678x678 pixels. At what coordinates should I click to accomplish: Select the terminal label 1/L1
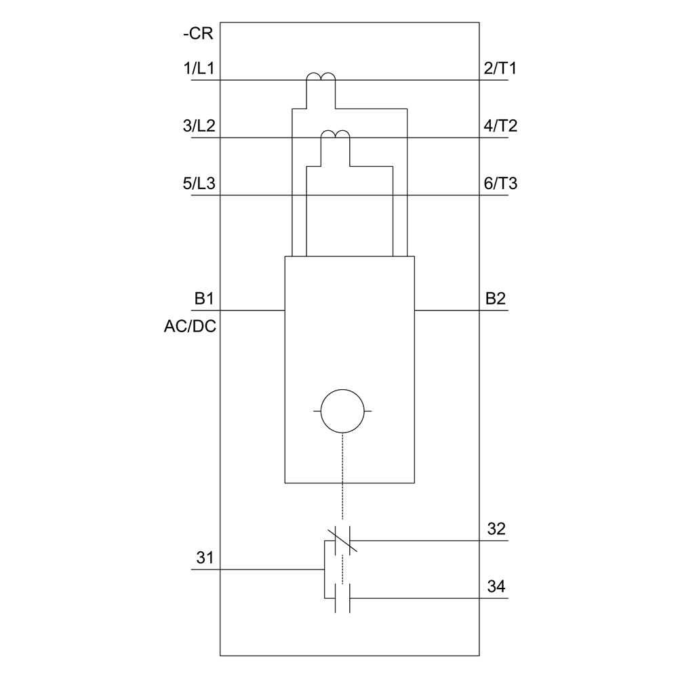(x=199, y=68)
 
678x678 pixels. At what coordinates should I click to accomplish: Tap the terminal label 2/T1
(x=501, y=68)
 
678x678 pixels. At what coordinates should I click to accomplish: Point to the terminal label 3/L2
(x=199, y=127)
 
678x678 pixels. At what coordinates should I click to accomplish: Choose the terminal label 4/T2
(x=501, y=127)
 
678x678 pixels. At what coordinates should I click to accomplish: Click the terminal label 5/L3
(x=199, y=184)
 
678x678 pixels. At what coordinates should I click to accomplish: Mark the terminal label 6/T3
(x=501, y=184)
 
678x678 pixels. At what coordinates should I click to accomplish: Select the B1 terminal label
(x=204, y=299)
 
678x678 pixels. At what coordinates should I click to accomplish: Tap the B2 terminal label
(x=496, y=299)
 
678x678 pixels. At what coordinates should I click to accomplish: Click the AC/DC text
(x=189, y=327)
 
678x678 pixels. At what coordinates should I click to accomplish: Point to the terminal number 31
(x=205, y=559)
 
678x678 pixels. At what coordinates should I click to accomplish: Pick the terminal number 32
(x=496, y=529)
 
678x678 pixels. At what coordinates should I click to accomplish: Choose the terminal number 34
(x=496, y=586)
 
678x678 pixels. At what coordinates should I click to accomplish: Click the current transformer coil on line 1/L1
(x=321, y=78)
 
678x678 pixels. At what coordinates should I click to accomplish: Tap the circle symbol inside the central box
(x=343, y=412)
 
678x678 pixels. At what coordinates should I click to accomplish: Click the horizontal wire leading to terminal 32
(x=427, y=540)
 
